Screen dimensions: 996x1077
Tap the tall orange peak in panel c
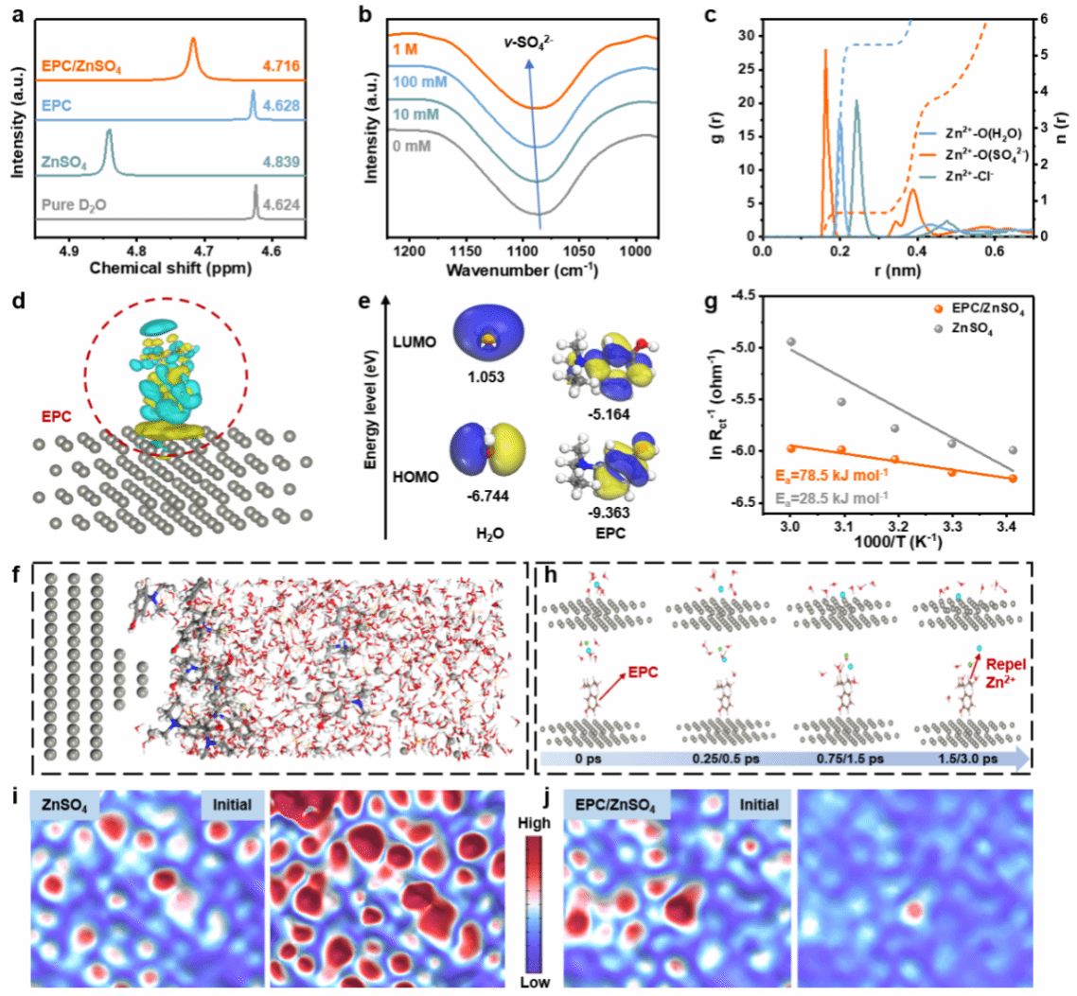[825, 57]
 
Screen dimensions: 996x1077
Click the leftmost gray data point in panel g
[791, 341]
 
